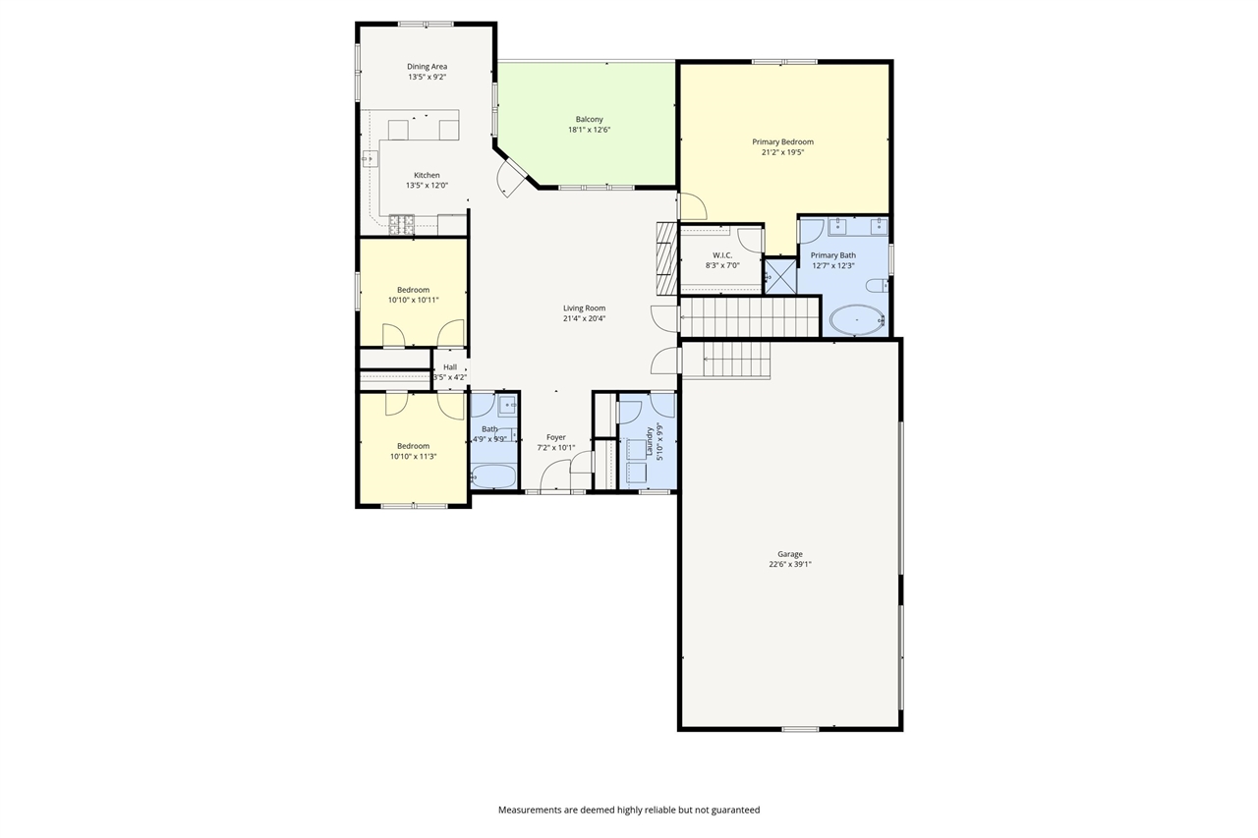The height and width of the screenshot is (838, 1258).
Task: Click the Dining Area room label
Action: click(x=427, y=67)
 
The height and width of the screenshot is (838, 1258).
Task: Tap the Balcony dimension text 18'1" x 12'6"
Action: click(x=589, y=130)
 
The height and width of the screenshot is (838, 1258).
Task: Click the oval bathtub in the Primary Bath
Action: click(x=857, y=320)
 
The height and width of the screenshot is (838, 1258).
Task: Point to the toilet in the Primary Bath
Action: click(x=878, y=286)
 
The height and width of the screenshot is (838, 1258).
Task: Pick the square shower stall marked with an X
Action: click(x=780, y=275)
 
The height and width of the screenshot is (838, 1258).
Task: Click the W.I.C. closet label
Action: click(x=722, y=255)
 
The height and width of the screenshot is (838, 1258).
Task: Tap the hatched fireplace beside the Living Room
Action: click(x=666, y=258)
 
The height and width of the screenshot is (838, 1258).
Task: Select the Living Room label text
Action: click(x=584, y=307)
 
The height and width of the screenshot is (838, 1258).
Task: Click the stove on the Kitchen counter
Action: click(x=402, y=224)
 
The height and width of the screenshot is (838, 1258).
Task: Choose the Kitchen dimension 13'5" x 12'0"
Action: click(x=427, y=186)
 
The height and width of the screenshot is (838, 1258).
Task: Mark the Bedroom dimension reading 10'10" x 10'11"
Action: click(x=413, y=301)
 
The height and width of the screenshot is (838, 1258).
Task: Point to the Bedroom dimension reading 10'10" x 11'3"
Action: click(x=413, y=456)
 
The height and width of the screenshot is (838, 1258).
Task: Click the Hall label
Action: click(x=449, y=367)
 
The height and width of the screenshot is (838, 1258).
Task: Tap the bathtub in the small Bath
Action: click(x=493, y=476)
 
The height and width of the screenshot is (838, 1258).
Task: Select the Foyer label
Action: click(x=556, y=437)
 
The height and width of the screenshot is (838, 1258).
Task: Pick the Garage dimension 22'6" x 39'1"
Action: click(x=789, y=565)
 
